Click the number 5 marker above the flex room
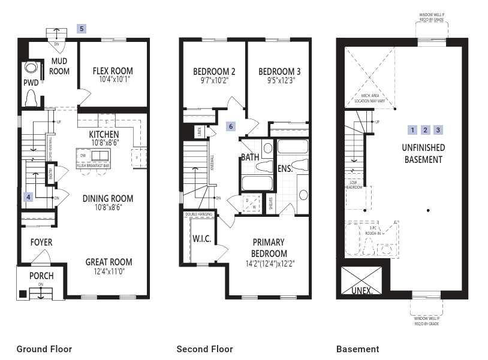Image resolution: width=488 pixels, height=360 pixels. [x=82, y=28]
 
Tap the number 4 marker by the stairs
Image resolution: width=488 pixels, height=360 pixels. [x=28, y=196]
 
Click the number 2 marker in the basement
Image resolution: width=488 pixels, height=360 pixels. [x=425, y=130]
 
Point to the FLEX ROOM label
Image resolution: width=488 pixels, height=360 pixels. [x=113, y=71]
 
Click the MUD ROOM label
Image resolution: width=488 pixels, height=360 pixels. [x=59, y=66]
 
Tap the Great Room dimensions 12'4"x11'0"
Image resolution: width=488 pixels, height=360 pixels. [x=109, y=271]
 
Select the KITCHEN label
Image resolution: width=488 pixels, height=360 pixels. [x=104, y=134]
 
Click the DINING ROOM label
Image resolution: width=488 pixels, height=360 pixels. [x=108, y=198]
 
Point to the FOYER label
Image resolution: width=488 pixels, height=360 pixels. [x=41, y=243]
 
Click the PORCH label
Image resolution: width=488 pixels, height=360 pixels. [x=41, y=276]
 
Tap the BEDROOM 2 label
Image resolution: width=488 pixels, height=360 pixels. [x=213, y=71]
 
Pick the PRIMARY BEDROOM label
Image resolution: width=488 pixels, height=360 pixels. [x=269, y=248]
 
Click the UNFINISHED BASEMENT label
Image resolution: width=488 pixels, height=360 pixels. [x=423, y=153]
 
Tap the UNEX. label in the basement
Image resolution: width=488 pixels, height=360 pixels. [x=362, y=291]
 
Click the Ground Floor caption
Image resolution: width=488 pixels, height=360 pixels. [x=44, y=349]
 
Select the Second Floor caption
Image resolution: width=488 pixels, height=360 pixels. [x=204, y=349]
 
